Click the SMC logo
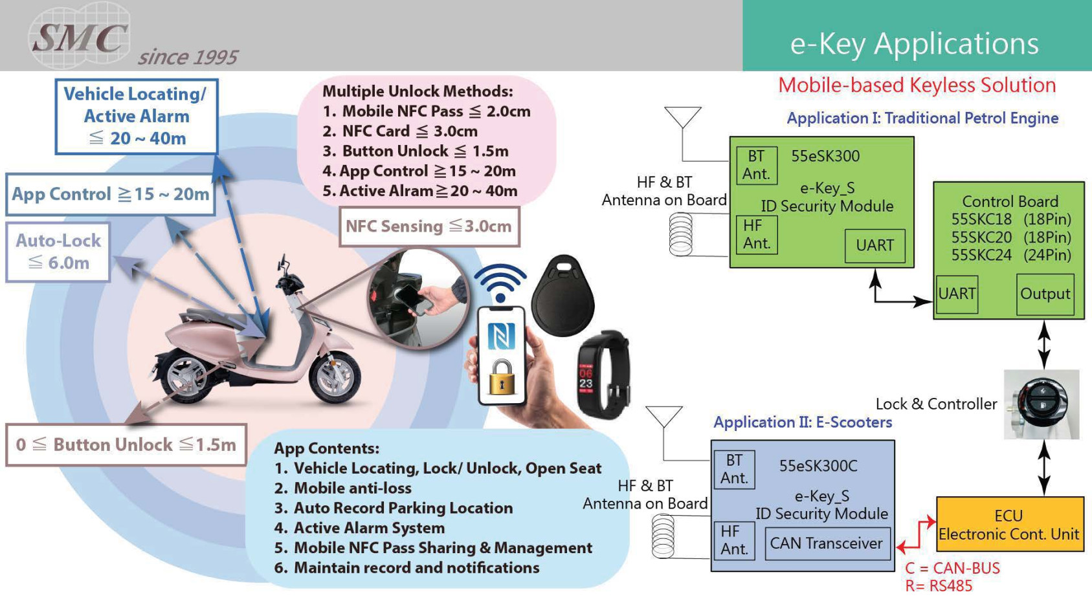pos(79,36)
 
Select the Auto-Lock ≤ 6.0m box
pos(58,252)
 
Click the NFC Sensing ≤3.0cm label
pos(429,226)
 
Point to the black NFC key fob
pos(562,295)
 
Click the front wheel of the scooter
pos(335,378)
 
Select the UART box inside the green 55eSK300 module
pos(875,245)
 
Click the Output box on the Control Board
pos(1045,294)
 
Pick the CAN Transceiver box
pos(827,543)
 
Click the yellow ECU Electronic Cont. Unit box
pos(1009,524)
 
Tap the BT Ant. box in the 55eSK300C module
pos(734,469)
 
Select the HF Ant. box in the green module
pos(757,234)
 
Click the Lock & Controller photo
pos(1041,404)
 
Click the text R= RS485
pos(939,586)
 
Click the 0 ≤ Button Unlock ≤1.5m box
pos(126,444)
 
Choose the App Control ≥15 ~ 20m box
pos(111,194)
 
